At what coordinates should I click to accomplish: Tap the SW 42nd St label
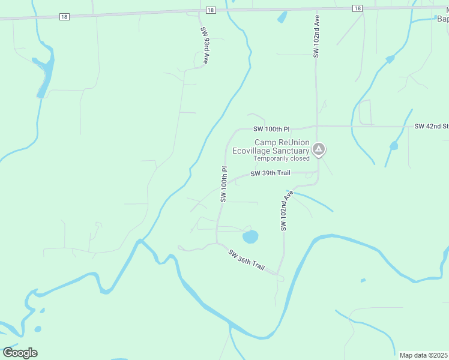pos(431,127)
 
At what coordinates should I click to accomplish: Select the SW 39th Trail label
pos(270,173)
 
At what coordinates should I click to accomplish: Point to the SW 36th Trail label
pos(247,260)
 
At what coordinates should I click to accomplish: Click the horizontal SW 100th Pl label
pos(271,129)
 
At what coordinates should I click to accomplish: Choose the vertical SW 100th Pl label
pos(223,184)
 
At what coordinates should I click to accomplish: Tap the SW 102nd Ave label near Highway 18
pos(316,37)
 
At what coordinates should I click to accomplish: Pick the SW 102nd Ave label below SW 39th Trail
pos(286,211)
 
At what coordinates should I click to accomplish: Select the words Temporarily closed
pos(282,158)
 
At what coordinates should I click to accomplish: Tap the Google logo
pos(20,352)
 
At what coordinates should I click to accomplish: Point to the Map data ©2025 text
pos(423,355)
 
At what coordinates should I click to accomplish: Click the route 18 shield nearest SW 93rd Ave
pos(209,10)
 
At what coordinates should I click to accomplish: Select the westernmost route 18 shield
pos(64,17)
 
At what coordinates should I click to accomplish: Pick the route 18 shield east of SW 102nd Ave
pos(357,8)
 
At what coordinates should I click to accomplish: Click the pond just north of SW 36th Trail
pos(250,237)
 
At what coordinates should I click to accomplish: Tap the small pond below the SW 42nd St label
pos(394,146)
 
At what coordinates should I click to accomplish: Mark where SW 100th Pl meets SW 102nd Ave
pos(317,126)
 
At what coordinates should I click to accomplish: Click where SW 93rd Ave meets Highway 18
pos(200,12)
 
